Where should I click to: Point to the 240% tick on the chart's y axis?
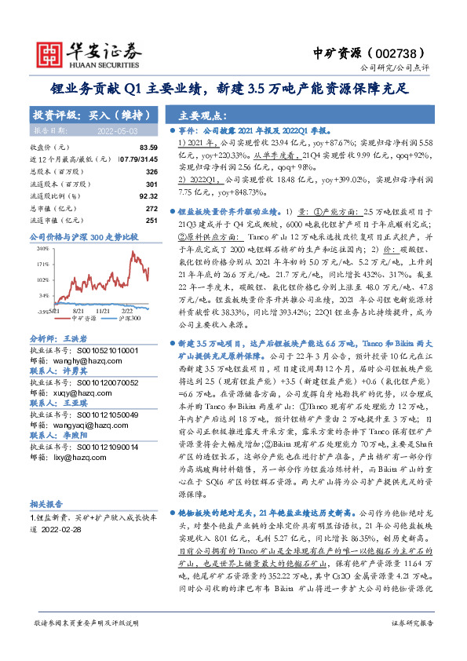tap(41, 247)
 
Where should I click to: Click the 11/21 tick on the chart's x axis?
tap(102, 312)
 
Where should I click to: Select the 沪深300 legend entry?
tap(130, 319)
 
